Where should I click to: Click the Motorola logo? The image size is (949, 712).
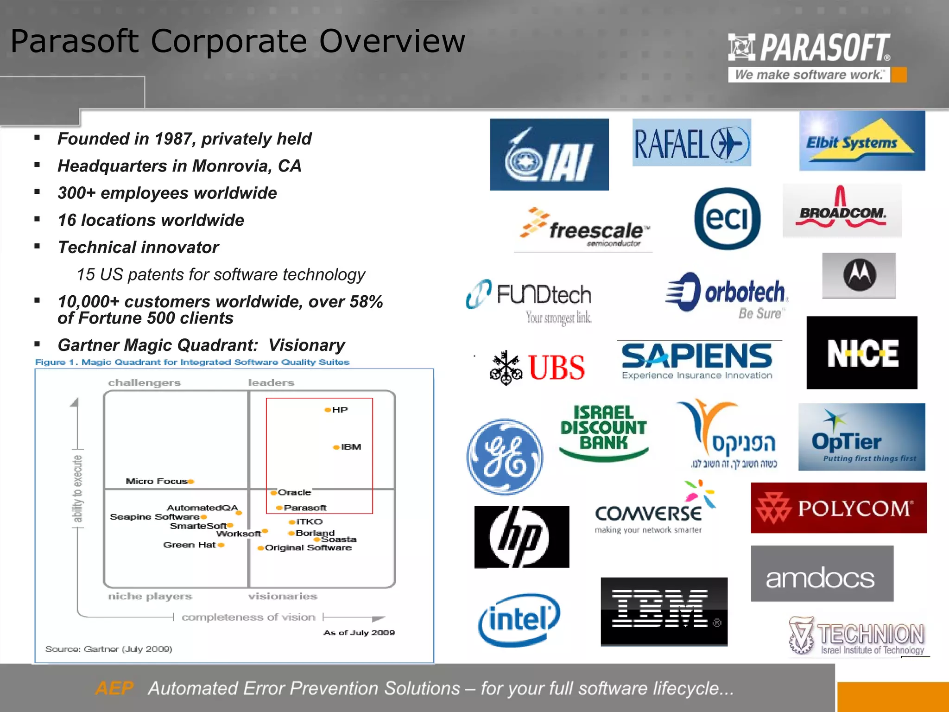pyautogui.click(x=859, y=275)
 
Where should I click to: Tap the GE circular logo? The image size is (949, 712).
pyautogui.click(x=505, y=457)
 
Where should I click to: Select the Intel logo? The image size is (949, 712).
pyautogui.click(x=519, y=619)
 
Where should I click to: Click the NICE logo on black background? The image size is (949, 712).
pyautogui.click(x=862, y=353)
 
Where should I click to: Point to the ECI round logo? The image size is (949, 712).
pyautogui.click(x=727, y=218)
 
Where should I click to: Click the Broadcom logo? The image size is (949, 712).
pyautogui.click(x=842, y=211)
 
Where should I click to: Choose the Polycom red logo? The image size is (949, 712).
pyautogui.click(x=839, y=508)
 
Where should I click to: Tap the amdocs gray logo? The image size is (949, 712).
pyautogui.click(x=822, y=574)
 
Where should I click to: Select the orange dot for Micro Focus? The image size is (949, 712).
pyautogui.click(x=191, y=482)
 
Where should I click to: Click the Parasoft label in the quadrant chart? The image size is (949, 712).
pyautogui.click(x=305, y=508)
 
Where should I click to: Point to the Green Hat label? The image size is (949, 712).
pyautogui.click(x=189, y=545)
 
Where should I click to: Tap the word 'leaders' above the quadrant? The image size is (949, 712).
pyautogui.click(x=271, y=383)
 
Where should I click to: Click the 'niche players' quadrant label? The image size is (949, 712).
pyautogui.click(x=150, y=597)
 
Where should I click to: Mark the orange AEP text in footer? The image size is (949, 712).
pyautogui.click(x=114, y=688)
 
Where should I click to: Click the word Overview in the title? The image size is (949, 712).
pyautogui.click(x=392, y=42)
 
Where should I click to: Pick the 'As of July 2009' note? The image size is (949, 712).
pyautogui.click(x=359, y=633)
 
